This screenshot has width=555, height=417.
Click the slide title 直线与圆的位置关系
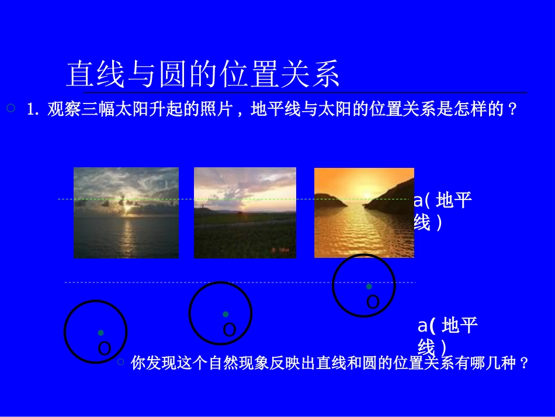pyautogui.click(x=203, y=74)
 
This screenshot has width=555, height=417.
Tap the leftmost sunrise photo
pyautogui.click(x=126, y=213)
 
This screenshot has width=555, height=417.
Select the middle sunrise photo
pyautogui.click(x=245, y=213)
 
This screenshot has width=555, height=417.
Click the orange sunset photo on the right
pyautogui.click(x=364, y=213)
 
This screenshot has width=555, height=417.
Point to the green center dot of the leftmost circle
pyautogui.click(x=100, y=332)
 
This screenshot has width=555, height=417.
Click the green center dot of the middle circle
pyautogui.click(x=226, y=314)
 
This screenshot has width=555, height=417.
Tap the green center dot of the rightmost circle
pyautogui.click(x=369, y=286)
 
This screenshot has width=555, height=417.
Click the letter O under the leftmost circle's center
pyautogui.click(x=105, y=349)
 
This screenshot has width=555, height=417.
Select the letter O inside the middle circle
pyautogui.click(x=230, y=330)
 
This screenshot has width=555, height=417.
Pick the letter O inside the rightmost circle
pyautogui.click(x=373, y=302)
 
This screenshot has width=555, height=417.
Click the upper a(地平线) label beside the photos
pyautogui.click(x=443, y=211)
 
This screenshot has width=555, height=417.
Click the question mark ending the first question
pyautogui.click(x=513, y=109)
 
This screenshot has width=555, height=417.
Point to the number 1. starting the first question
pyautogui.click(x=33, y=110)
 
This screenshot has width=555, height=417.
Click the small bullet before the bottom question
pyautogui.click(x=121, y=362)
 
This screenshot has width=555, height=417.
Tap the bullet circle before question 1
pyautogui.click(x=10, y=108)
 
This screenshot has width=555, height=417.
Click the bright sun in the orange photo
pyautogui.click(x=366, y=195)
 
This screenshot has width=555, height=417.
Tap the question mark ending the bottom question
pyautogui.click(x=523, y=363)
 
